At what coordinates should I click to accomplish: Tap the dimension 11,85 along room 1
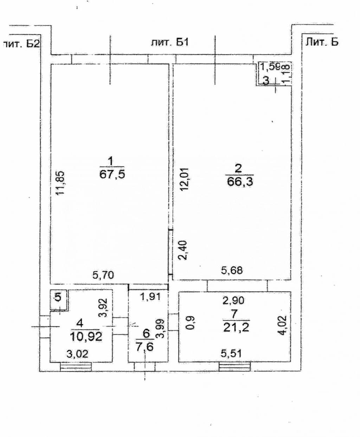click(x=60, y=183)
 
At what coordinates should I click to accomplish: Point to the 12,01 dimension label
click(x=185, y=180)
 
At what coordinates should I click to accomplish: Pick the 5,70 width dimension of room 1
click(x=103, y=275)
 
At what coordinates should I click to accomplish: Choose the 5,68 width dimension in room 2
click(x=232, y=270)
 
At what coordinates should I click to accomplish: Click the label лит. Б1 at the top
click(x=170, y=43)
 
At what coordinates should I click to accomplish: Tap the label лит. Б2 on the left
click(x=21, y=44)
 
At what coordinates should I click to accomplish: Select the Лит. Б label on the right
click(x=322, y=42)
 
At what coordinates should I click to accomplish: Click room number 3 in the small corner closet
click(x=266, y=80)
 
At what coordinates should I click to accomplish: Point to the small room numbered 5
click(x=58, y=298)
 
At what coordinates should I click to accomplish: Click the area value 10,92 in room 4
click(x=86, y=337)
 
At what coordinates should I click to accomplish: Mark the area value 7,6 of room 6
click(x=144, y=347)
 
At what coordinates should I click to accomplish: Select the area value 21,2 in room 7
click(x=236, y=328)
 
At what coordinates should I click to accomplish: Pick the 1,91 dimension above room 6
click(x=150, y=297)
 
